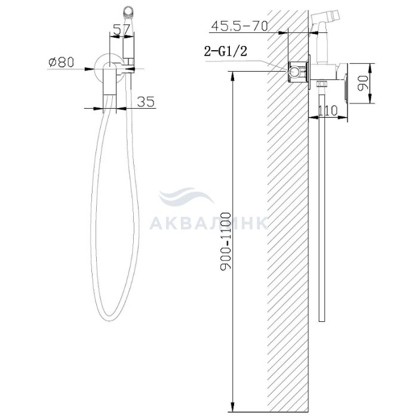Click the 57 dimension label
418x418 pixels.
(x=121, y=29)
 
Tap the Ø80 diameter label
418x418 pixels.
(x=62, y=62)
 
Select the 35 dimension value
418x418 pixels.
(x=146, y=102)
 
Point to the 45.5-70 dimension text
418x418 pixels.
(x=239, y=26)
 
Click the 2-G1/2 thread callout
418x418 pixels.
(x=226, y=51)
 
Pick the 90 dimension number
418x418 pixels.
(x=363, y=84)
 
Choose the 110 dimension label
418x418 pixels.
(x=328, y=110)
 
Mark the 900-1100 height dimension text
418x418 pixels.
(x=225, y=241)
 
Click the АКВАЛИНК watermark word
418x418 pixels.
(x=208, y=223)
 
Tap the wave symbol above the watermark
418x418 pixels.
(x=186, y=196)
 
